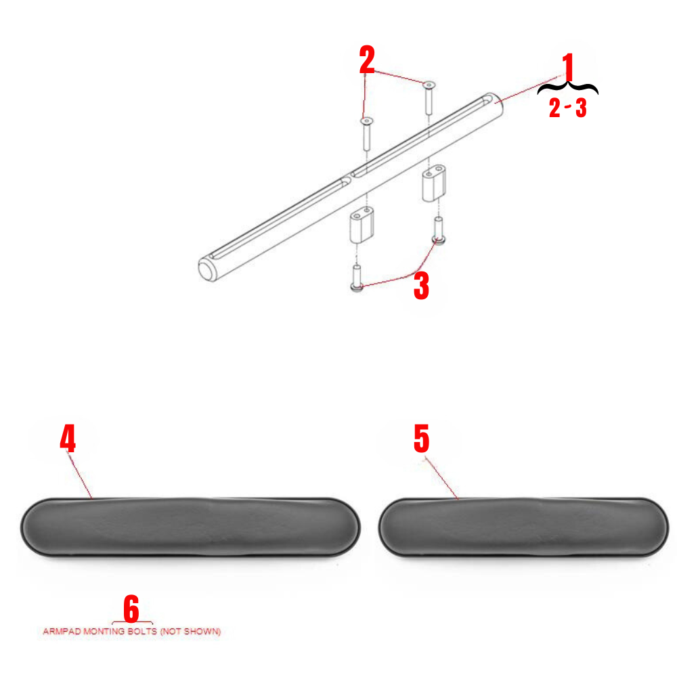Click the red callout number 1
[x=567, y=69]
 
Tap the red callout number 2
[x=367, y=61]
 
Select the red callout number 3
[x=421, y=286]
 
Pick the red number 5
[x=421, y=439]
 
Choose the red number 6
[x=131, y=609]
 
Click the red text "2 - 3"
[x=567, y=109]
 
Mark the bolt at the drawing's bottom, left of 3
[x=357, y=278]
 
